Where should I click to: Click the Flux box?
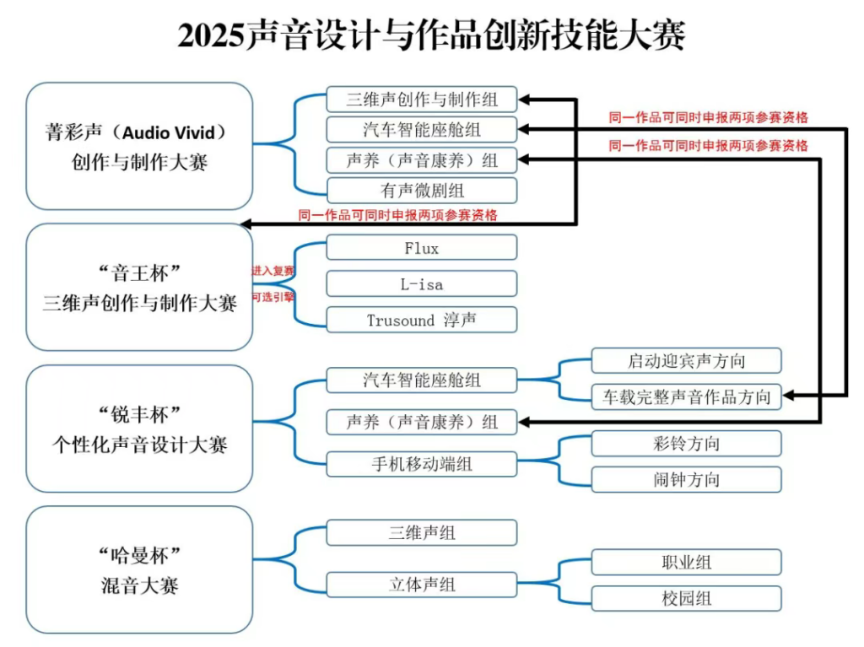(x=421, y=247)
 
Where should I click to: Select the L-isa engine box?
(x=421, y=284)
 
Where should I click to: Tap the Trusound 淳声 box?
(x=421, y=320)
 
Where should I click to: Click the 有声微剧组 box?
(x=421, y=191)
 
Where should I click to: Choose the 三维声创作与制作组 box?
(x=421, y=100)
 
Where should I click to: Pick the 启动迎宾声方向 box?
(x=686, y=361)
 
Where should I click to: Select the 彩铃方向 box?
(x=686, y=444)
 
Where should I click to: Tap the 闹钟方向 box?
(x=686, y=480)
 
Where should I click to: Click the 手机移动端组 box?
(x=421, y=464)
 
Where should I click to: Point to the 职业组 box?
(x=686, y=563)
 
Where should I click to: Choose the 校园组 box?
(x=686, y=599)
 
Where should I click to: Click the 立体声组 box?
(x=421, y=584)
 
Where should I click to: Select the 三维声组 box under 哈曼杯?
(x=421, y=532)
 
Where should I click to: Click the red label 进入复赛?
(x=273, y=272)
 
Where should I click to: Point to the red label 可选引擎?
(x=273, y=297)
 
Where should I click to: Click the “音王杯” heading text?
(x=139, y=272)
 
